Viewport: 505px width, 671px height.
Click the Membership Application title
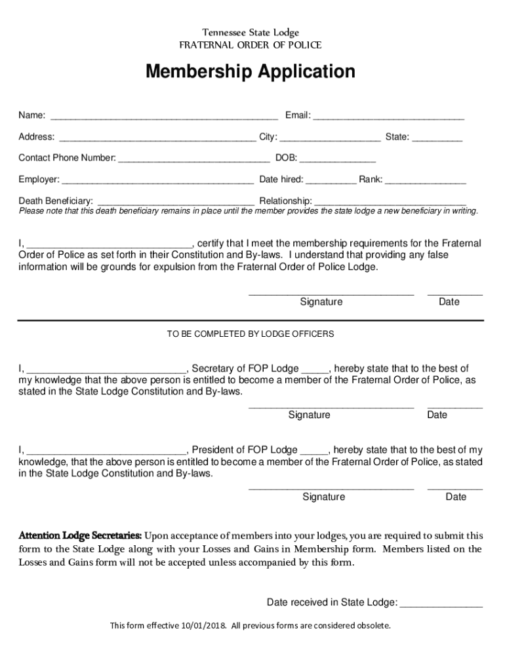pos(250,71)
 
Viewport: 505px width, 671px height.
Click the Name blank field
pos(164,117)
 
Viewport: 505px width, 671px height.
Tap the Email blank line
pos(388,117)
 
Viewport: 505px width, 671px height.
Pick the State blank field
pos(437,138)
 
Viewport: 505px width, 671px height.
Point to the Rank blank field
pos(426,180)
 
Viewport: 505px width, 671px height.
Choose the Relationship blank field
pos(391,201)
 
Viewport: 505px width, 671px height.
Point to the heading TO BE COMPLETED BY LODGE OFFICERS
pos(250,334)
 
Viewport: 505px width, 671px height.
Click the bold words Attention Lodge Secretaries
pos(80,535)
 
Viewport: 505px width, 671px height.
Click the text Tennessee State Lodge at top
pos(250,33)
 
